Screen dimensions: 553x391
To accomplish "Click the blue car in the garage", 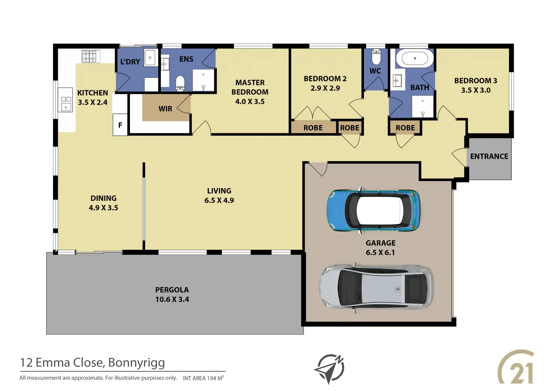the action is [373, 210].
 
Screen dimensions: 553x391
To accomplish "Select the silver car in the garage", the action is [376, 288].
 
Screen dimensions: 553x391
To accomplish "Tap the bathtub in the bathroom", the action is [415, 59].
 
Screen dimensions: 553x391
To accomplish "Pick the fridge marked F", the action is [120, 125].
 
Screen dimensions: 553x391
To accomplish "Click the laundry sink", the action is [150, 57].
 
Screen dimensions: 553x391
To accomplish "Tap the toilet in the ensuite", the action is [180, 83].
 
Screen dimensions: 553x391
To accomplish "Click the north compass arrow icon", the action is [329, 369].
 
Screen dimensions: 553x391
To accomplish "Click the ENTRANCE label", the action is [489, 156].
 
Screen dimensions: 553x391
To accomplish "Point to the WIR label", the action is [165, 109].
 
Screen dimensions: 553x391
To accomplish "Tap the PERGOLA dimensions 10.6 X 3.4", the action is [172, 299].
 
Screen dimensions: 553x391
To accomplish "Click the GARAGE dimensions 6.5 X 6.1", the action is [380, 252].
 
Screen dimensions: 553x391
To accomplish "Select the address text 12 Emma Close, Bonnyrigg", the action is [92, 362].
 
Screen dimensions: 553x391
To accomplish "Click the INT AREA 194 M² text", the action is [203, 378].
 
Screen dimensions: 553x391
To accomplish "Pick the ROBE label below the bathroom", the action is [405, 128].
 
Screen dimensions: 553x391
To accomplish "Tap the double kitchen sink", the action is [66, 103].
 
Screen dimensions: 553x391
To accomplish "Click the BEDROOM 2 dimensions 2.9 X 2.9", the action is [325, 88].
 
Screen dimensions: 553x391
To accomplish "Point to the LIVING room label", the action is [219, 191].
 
